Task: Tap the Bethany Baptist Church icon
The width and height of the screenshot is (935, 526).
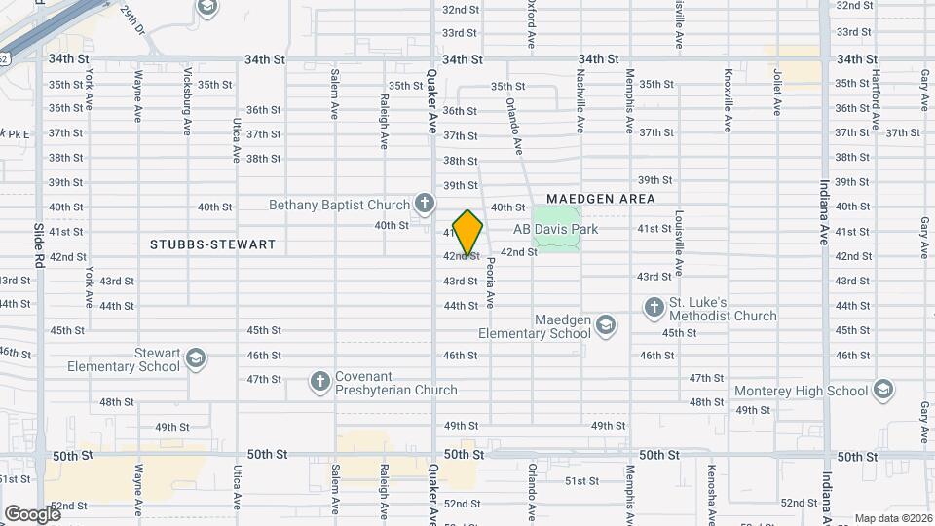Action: (424, 204)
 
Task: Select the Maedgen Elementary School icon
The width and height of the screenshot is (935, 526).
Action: (606, 323)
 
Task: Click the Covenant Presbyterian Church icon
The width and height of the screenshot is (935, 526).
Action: (320, 381)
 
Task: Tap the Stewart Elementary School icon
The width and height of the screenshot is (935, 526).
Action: (196, 358)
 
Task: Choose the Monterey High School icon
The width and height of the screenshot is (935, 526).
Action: (882, 391)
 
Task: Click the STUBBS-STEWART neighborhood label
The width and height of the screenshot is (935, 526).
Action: (213, 244)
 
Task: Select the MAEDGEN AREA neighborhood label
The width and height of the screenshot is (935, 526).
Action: (601, 199)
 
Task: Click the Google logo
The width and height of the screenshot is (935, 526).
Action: (31, 513)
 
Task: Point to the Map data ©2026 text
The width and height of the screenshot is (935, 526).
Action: (892, 517)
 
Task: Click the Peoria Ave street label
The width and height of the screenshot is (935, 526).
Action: (491, 282)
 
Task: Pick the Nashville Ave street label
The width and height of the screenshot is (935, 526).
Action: (580, 100)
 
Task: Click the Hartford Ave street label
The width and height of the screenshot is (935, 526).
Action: (876, 100)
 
